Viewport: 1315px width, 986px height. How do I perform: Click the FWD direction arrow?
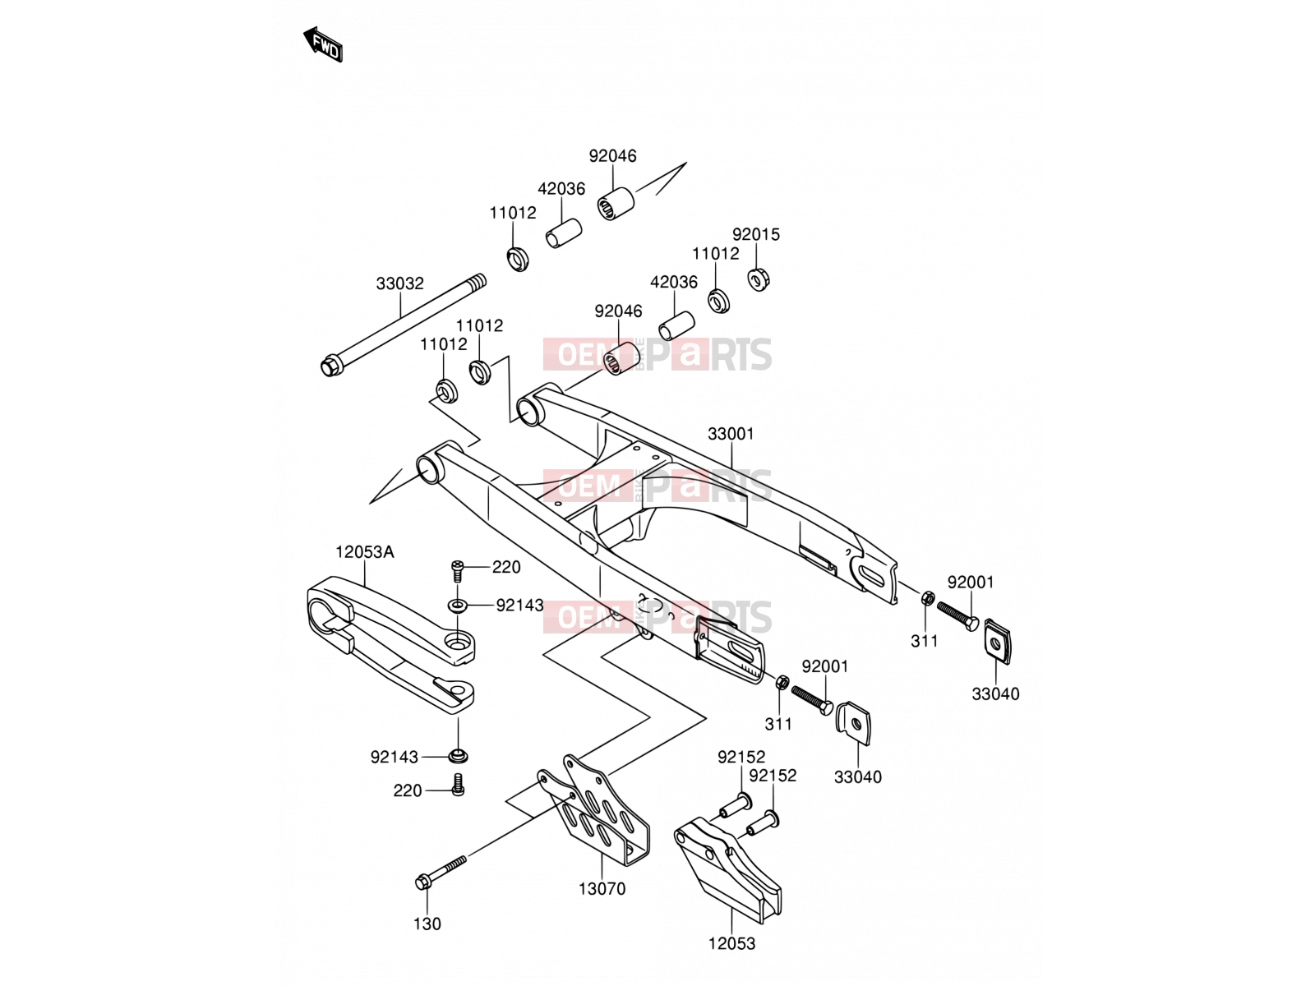(x=323, y=45)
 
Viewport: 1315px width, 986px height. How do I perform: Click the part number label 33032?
(x=399, y=283)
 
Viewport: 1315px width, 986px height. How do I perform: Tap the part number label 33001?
(x=731, y=434)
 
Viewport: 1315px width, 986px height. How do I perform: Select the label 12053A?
(x=364, y=551)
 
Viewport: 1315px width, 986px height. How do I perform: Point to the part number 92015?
(x=756, y=234)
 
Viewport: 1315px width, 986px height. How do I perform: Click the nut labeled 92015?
(x=759, y=279)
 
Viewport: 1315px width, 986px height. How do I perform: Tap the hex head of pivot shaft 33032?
(x=330, y=366)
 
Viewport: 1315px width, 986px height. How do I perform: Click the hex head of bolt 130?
(x=422, y=882)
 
